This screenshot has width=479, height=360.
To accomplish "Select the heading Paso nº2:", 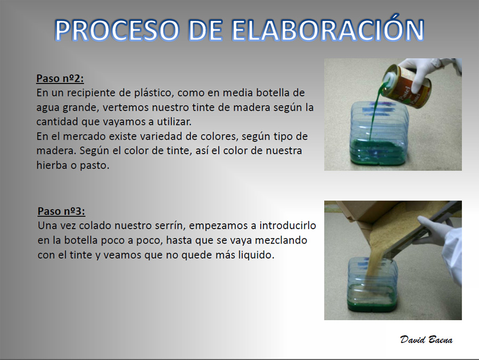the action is coord(60,79).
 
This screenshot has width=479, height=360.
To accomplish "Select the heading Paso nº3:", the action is coord(61,211).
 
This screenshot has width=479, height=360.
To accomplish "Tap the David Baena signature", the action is coord(426,340).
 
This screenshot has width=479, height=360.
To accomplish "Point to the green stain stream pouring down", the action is coord(375,116).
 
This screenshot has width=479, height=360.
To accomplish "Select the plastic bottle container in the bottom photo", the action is coord(373,284).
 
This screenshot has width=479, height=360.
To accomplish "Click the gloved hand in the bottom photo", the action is coord(431,231).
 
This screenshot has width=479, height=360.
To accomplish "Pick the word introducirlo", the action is coord(287,225).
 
